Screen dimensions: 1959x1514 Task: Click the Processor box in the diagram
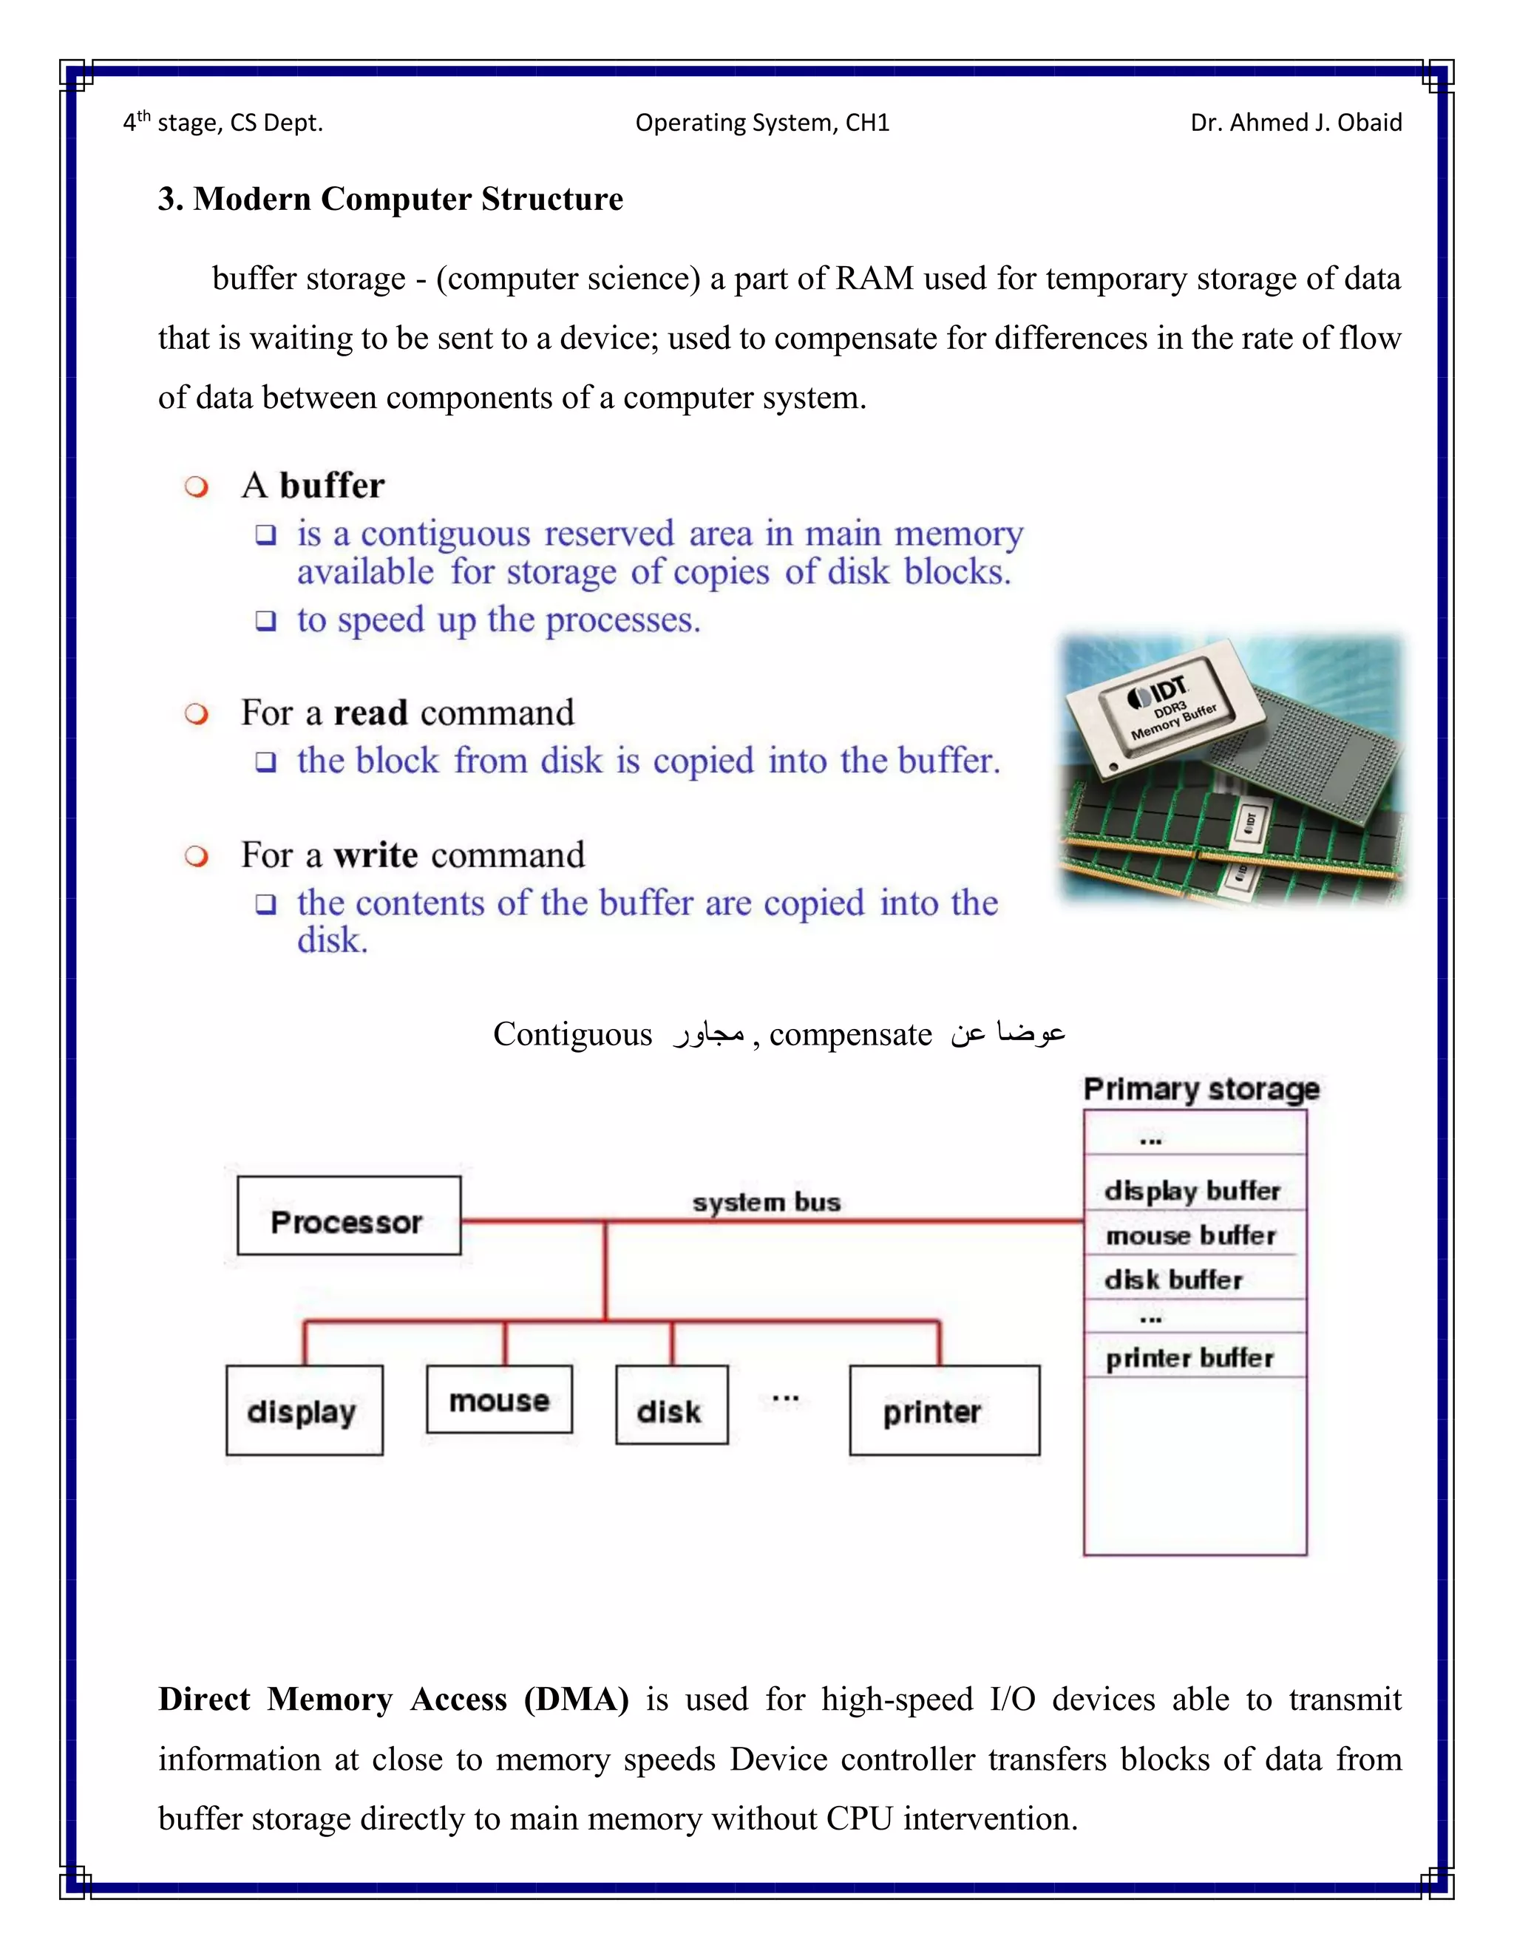pyautogui.click(x=348, y=1215)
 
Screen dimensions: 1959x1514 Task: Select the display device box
pyautogui.click(x=304, y=1410)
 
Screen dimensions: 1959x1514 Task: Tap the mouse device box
pyautogui.click(x=499, y=1399)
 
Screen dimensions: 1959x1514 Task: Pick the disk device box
pyautogui.click(x=671, y=1405)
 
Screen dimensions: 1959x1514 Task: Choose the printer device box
pyautogui.click(x=943, y=1410)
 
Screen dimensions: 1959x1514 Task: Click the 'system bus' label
pyautogui.click(x=766, y=1201)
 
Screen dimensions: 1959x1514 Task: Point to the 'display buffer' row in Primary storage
pyautogui.click(x=1193, y=1190)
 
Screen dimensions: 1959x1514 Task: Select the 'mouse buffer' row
pyautogui.click(x=1191, y=1235)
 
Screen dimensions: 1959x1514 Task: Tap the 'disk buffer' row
pyautogui.click(x=1174, y=1279)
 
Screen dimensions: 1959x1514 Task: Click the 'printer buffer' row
pyautogui.click(x=1190, y=1358)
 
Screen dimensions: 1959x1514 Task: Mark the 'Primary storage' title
pyautogui.click(x=1201, y=1089)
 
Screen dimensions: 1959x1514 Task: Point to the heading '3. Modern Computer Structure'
pyautogui.click(x=390, y=199)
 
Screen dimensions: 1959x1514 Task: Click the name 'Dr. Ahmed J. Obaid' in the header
pyautogui.click(x=1296, y=123)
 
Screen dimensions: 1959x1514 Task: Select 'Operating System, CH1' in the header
pyautogui.click(x=762, y=123)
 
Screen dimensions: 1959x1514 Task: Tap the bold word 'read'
pyautogui.click(x=370, y=713)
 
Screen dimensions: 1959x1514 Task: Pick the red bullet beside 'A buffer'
pyautogui.click(x=197, y=487)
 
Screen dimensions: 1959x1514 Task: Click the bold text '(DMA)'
pyautogui.click(x=576, y=1699)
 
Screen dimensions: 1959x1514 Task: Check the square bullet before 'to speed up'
pyautogui.click(x=265, y=621)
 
